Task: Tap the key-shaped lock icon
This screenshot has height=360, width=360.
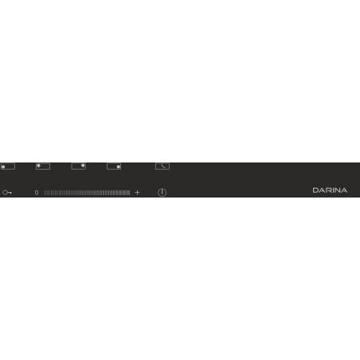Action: pos(7,193)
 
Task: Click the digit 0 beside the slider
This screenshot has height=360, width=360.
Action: pos(37,193)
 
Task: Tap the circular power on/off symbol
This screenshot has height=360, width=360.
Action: pos(162,192)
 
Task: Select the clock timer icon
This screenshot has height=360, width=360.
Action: pos(162,166)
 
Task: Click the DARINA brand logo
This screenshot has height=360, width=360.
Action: pos(330,190)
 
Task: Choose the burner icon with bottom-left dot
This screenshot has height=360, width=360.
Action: pos(7,166)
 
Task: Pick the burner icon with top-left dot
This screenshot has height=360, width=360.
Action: pos(43,166)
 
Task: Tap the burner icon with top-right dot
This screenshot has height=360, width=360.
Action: pos(78,166)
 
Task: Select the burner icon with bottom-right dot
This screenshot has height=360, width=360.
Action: pos(114,166)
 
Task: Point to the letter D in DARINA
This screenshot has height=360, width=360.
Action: pos(315,190)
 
